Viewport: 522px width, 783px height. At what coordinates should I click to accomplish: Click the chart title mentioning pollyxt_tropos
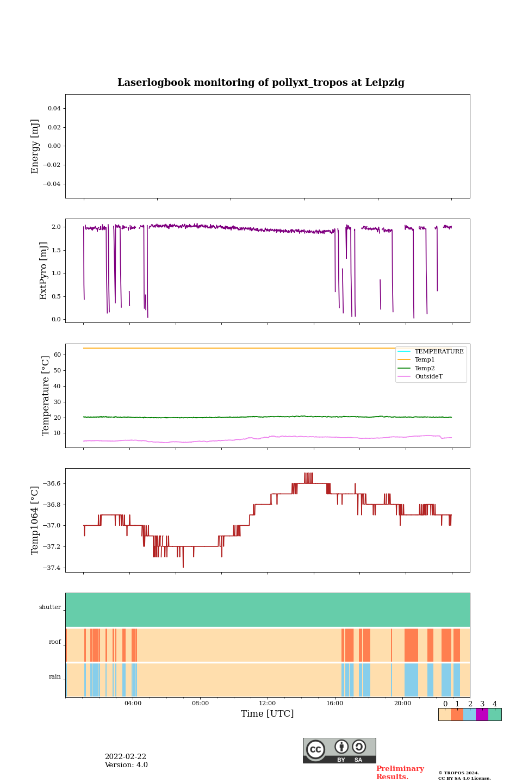pos(261,83)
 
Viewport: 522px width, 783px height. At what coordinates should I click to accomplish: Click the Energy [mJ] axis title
pos(35,146)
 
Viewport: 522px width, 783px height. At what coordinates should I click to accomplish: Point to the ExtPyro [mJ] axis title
pos(43,271)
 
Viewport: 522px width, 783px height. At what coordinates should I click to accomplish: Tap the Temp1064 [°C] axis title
pos(35,520)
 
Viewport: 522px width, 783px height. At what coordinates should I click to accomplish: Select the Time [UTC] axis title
pos(268,713)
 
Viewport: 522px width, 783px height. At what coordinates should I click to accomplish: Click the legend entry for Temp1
pos(425,360)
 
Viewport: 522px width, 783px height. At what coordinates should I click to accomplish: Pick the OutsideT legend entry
pos(428,377)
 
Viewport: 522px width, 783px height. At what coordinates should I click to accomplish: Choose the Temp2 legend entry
pos(425,368)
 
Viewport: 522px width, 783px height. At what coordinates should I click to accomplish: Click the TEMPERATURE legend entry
pos(439,351)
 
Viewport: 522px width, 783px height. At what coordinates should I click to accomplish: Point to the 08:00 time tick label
pos(200,704)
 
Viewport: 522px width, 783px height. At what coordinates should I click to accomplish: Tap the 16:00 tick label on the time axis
pos(335,704)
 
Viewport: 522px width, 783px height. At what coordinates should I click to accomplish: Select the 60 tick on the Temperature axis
pos(57,355)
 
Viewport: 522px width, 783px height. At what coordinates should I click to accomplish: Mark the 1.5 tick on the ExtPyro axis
pos(56,250)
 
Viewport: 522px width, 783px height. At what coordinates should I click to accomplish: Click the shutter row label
pos(50,607)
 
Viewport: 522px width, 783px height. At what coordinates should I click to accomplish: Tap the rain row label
pos(55,677)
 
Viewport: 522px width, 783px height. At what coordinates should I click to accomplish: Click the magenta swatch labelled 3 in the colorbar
pos(482,714)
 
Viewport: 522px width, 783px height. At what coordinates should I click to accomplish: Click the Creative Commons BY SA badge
pos(339,750)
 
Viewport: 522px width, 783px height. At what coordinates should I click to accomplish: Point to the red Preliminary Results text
pos(400,773)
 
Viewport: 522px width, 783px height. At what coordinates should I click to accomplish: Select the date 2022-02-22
pos(126,757)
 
